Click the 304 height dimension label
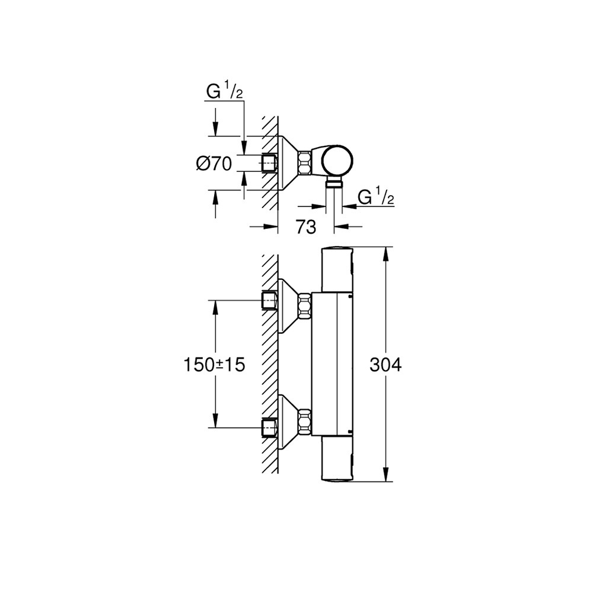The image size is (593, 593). point(385,365)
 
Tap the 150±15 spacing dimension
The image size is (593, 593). point(215,365)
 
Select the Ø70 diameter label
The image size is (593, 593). point(213,164)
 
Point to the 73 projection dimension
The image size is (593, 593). point(305,227)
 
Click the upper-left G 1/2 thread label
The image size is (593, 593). point(225,91)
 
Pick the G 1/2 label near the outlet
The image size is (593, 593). point(375,197)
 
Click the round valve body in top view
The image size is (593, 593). point(338,161)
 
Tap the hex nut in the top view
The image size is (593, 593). point(304,163)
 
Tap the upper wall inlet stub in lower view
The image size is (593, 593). point(270,301)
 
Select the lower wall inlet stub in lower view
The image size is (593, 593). point(270,428)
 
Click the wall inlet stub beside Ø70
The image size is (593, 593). point(270,164)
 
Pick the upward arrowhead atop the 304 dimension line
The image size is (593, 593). point(386,254)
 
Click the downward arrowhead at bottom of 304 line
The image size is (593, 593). point(386,475)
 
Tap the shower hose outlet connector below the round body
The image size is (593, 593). point(334,184)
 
